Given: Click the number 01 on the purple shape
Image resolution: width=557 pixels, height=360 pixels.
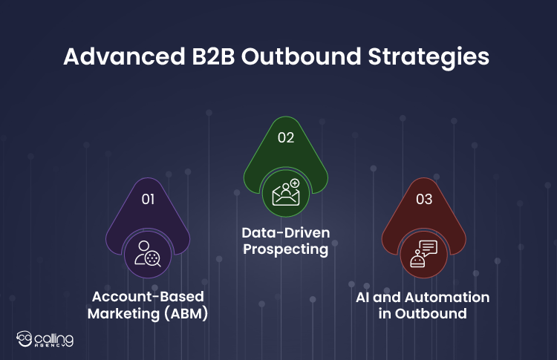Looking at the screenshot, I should coord(149,199).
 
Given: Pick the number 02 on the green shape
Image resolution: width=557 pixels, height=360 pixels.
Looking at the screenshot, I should coord(286,137).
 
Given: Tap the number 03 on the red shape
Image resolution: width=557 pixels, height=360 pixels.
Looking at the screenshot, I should coord(423,198).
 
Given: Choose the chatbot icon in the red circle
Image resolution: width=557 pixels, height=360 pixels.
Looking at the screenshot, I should coord(423,254).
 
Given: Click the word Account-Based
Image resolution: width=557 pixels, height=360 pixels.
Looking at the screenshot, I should coord(148,296).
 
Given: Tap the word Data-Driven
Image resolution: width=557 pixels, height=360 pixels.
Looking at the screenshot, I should coord(286,234).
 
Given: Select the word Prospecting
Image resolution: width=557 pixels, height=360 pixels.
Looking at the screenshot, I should coord(286,250).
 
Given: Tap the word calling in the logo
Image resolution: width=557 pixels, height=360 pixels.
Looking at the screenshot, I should coord(54,337).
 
